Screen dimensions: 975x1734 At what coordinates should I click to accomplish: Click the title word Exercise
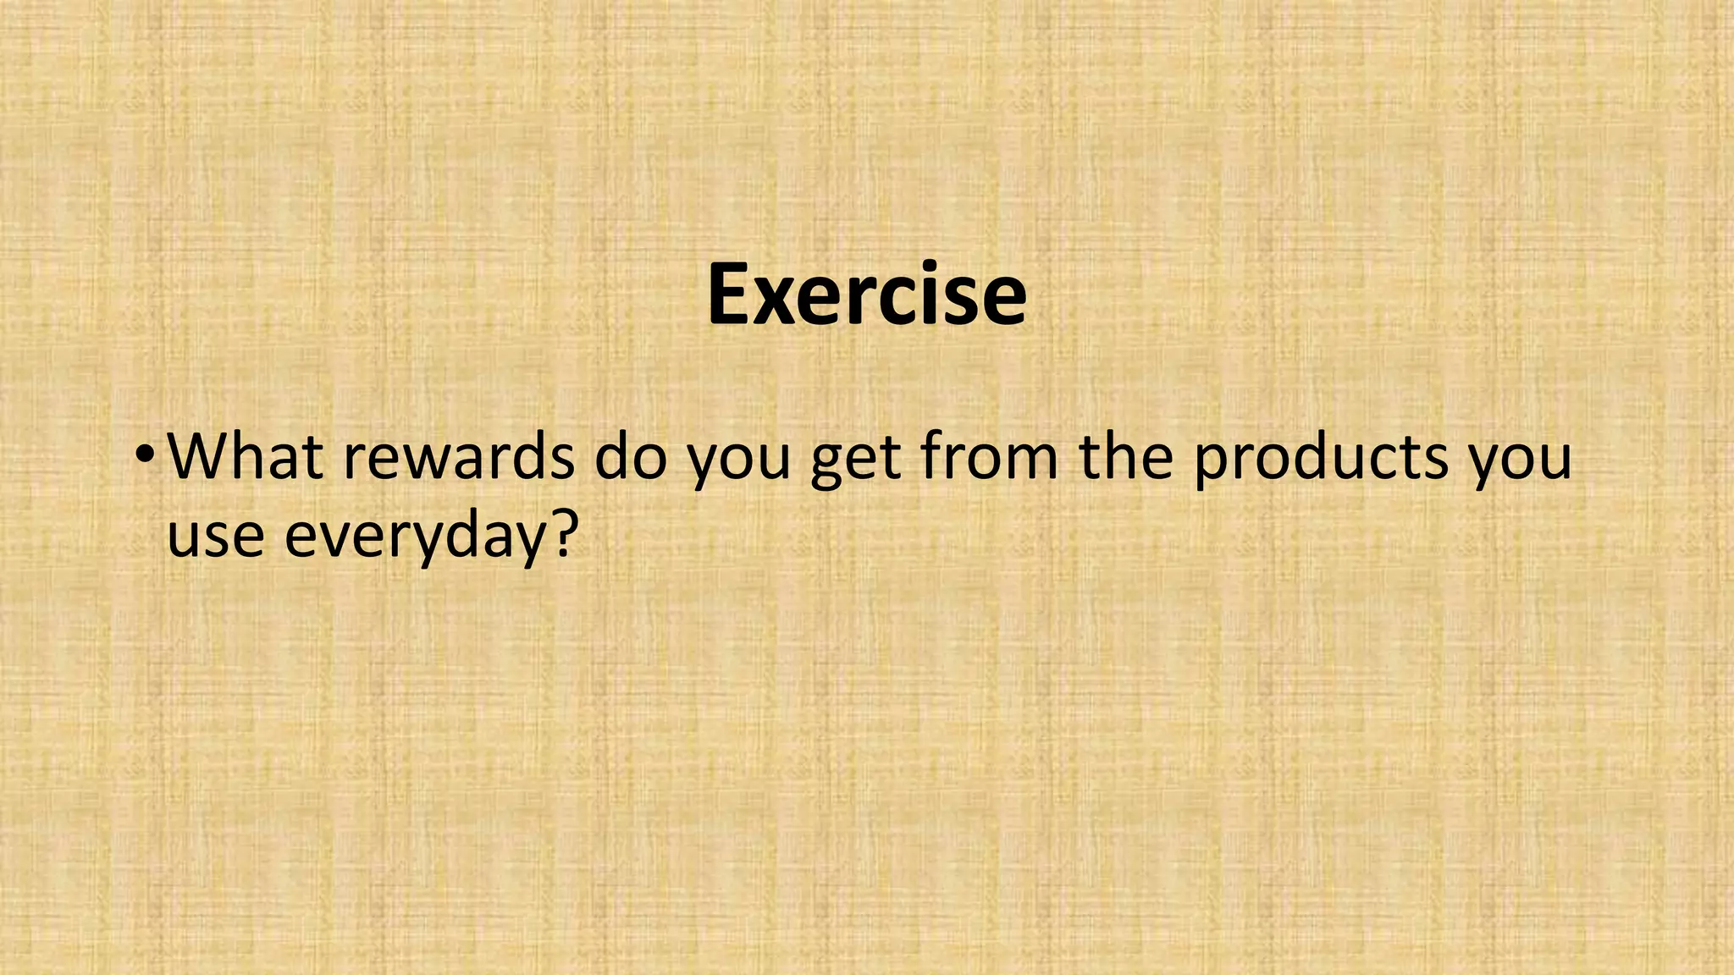point(867,295)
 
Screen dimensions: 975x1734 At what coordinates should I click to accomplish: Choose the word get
point(856,462)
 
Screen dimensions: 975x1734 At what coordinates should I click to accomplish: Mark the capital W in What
point(202,456)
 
